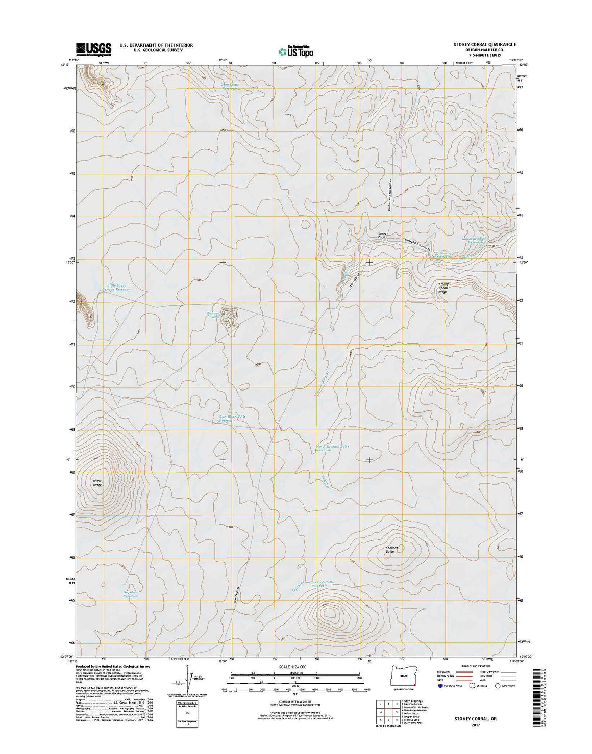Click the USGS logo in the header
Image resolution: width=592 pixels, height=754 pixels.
pos(93,49)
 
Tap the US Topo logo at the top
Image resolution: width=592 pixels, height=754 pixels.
pos(295,50)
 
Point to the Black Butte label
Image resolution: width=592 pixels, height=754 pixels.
pos(97,483)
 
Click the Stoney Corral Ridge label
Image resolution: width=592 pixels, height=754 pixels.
pos(443,288)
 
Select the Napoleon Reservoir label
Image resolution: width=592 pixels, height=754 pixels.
pos(131,594)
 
